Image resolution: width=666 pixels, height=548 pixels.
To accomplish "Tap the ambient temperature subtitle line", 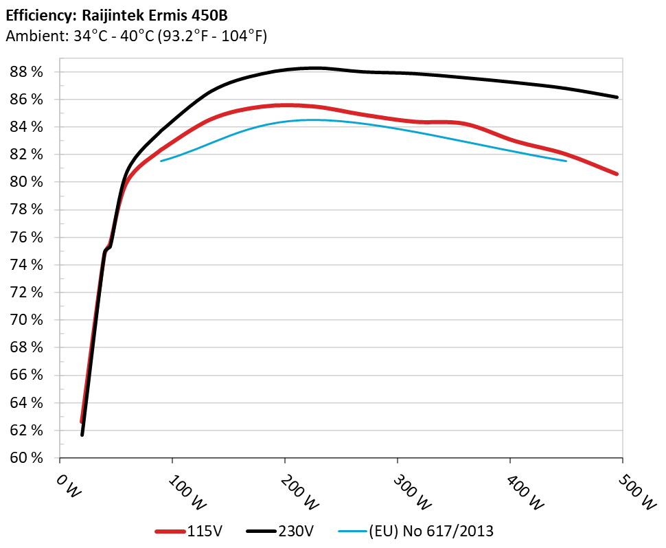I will [x=136, y=36].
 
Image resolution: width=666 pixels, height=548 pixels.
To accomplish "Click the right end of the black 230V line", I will [x=618, y=98].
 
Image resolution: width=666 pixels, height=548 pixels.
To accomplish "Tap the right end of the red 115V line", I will [x=617, y=174].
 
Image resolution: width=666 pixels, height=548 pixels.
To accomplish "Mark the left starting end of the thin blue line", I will [x=161, y=161].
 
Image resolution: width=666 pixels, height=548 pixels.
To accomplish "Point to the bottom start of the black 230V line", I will [x=82, y=435].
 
